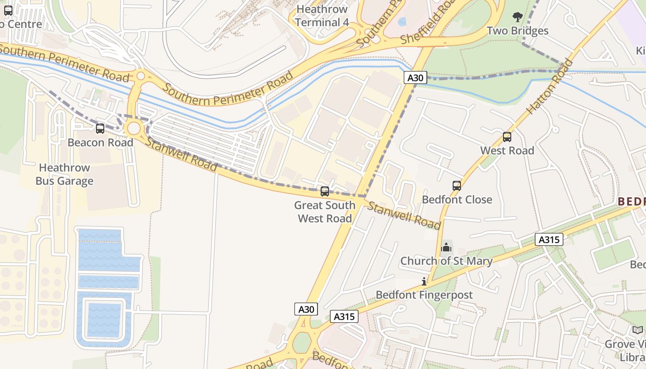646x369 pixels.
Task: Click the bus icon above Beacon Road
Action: [x=100, y=129]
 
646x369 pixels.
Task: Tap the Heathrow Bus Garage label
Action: [x=65, y=174]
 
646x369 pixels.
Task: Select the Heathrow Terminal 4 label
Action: [x=322, y=16]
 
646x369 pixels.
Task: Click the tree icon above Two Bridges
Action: [x=518, y=18]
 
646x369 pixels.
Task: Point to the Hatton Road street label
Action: [x=550, y=86]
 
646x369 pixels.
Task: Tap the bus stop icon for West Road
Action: [x=507, y=137]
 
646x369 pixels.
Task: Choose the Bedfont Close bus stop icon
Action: [x=457, y=186]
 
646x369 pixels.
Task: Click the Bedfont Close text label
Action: [x=457, y=200]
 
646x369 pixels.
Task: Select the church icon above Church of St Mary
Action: [x=446, y=248]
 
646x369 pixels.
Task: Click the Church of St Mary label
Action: [x=446, y=261]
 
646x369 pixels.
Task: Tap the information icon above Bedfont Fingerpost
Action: [x=424, y=281]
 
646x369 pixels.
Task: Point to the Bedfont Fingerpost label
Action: [x=424, y=295]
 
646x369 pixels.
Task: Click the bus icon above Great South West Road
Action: [x=325, y=191]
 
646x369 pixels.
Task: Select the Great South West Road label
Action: [x=325, y=212]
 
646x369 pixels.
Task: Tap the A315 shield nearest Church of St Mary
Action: [x=549, y=239]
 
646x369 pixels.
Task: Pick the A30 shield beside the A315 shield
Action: [x=306, y=309]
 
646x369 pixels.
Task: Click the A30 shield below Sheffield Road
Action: [x=415, y=77]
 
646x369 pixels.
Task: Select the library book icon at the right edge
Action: [x=637, y=330]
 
